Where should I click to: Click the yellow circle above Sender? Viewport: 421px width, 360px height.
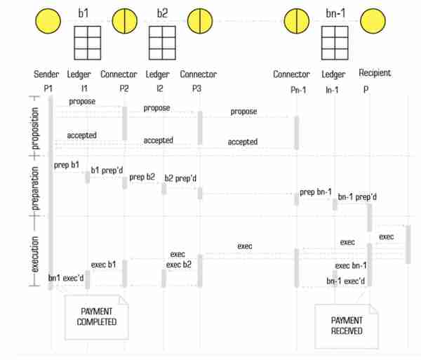tap(48, 21)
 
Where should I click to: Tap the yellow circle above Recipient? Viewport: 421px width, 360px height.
tap(373, 21)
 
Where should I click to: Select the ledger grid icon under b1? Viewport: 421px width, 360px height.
tap(88, 43)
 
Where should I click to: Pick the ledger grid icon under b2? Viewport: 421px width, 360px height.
tap(163, 43)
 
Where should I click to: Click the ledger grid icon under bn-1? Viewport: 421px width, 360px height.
tap(335, 43)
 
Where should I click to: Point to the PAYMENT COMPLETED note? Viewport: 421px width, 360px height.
tap(97, 317)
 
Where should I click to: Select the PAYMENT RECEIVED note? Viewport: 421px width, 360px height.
tap(347, 326)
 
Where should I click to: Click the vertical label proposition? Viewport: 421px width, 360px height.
tap(35, 128)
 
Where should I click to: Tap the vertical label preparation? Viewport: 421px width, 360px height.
tap(35, 189)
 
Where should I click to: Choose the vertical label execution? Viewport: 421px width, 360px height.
tap(35, 254)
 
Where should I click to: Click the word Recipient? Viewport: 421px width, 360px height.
tap(375, 73)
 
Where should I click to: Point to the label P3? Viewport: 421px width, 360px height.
tap(196, 88)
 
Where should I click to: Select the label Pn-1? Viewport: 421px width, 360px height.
tap(298, 90)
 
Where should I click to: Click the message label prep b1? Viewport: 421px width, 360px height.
tap(67, 165)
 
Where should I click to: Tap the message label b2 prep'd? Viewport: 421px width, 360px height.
tap(180, 178)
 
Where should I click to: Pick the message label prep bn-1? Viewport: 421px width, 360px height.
tap(316, 192)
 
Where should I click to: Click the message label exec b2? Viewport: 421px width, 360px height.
tap(178, 265)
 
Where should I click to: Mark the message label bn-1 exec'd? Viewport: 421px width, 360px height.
tap(345, 281)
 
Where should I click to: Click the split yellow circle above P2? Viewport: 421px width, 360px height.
tap(125, 21)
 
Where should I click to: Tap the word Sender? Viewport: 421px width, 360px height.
tap(46, 74)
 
